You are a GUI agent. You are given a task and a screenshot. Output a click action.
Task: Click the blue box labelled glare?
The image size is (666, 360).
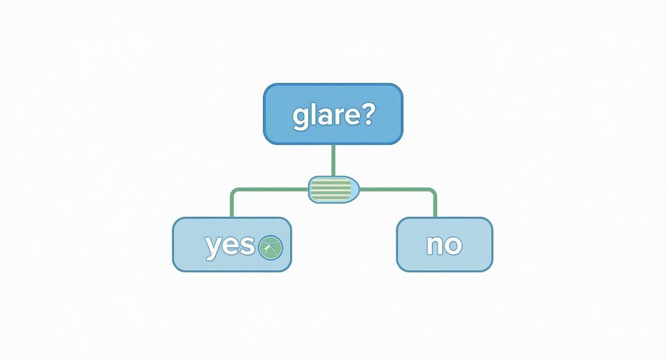coord(333,114)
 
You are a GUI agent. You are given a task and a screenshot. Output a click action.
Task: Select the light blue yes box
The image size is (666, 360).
coord(232,244)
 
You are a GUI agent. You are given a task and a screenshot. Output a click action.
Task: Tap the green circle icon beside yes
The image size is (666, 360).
coord(271,247)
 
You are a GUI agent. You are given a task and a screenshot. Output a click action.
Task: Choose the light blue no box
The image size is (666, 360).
coord(445,244)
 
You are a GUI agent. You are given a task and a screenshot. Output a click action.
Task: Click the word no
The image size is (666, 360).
coord(444,245)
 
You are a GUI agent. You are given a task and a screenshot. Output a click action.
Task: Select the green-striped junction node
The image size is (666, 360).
coord(333,190)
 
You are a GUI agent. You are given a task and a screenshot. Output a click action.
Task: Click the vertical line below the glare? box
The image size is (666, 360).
coord(333,161)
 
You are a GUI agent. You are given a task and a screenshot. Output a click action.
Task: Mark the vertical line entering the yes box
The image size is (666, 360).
coord(232,206)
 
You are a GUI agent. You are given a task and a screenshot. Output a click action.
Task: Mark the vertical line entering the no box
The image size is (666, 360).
coord(435,206)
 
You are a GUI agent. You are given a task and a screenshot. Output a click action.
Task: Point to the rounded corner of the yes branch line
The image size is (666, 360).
coord(233,191)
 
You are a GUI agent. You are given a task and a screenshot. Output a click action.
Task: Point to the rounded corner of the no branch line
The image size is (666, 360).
coord(434,191)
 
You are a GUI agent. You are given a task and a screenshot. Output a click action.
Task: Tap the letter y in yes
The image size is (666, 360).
coord(213,249)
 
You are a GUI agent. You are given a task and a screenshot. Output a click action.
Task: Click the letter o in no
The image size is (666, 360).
coord(455,246)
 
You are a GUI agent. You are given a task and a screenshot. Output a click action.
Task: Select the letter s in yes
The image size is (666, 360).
coord(247,246)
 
